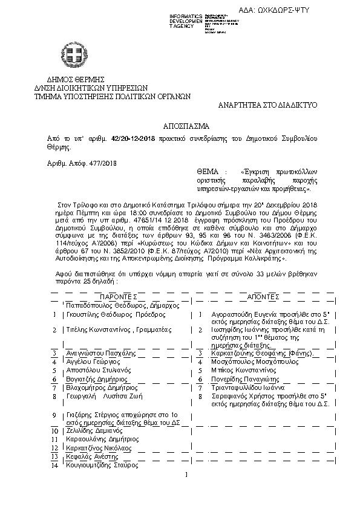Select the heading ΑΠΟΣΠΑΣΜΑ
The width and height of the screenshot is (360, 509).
tap(186, 126)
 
